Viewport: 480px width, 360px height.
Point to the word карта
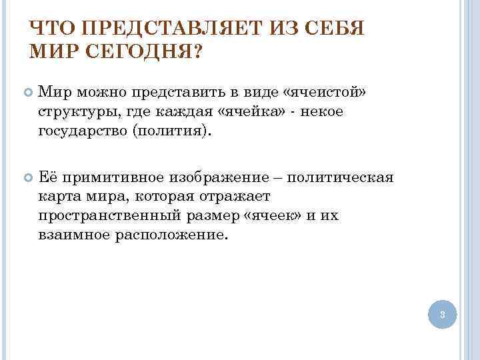pos(59,197)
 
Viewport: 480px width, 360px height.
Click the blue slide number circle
pos(443,313)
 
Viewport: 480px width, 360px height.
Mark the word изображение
pos(234,178)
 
